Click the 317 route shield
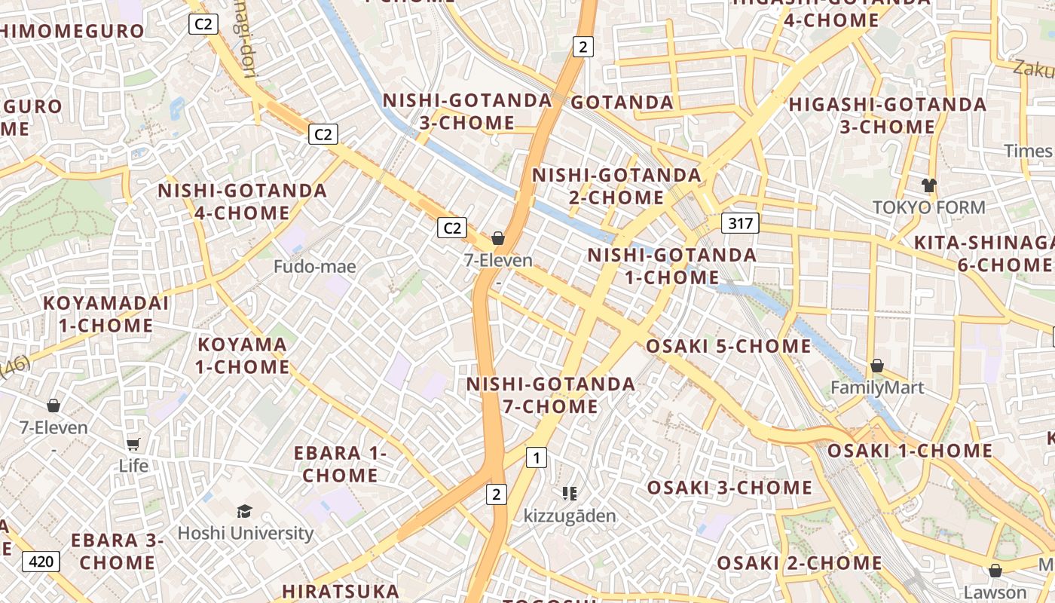pyautogui.click(x=740, y=223)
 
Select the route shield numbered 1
pyautogui.click(x=537, y=458)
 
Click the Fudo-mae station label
pyautogui.click(x=314, y=266)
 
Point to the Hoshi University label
pyautogui.click(x=246, y=533)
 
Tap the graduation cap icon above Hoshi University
pyautogui.click(x=244, y=512)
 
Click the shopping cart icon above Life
pyautogui.click(x=133, y=444)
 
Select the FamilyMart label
pyautogui.click(x=876, y=387)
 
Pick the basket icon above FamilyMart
pyautogui.click(x=877, y=366)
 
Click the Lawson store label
pyautogui.click(x=995, y=592)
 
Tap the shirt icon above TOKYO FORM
pyautogui.click(x=928, y=185)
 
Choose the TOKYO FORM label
pyautogui.click(x=928, y=207)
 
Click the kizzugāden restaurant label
pyautogui.click(x=570, y=516)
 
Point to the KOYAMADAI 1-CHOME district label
pyautogui.click(x=105, y=314)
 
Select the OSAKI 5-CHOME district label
pyautogui.click(x=728, y=346)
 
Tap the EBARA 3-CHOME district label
pyautogui.click(x=117, y=551)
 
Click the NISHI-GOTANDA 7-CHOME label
pyautogui.click(x=550, y=395)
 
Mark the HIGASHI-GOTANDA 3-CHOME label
pyautogui.click(x=887, y=115)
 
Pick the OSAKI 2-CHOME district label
pyautogui.click(x=799, y=562)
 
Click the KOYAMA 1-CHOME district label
pyautogui.click(x=243, y=356)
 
